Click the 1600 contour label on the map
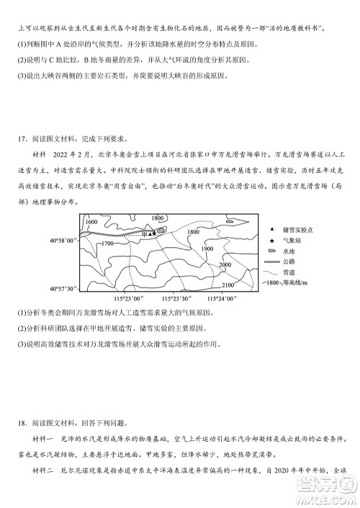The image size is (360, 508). point(90,222)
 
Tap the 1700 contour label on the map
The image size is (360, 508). point(107,244)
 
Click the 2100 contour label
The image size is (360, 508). point(228,285)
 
